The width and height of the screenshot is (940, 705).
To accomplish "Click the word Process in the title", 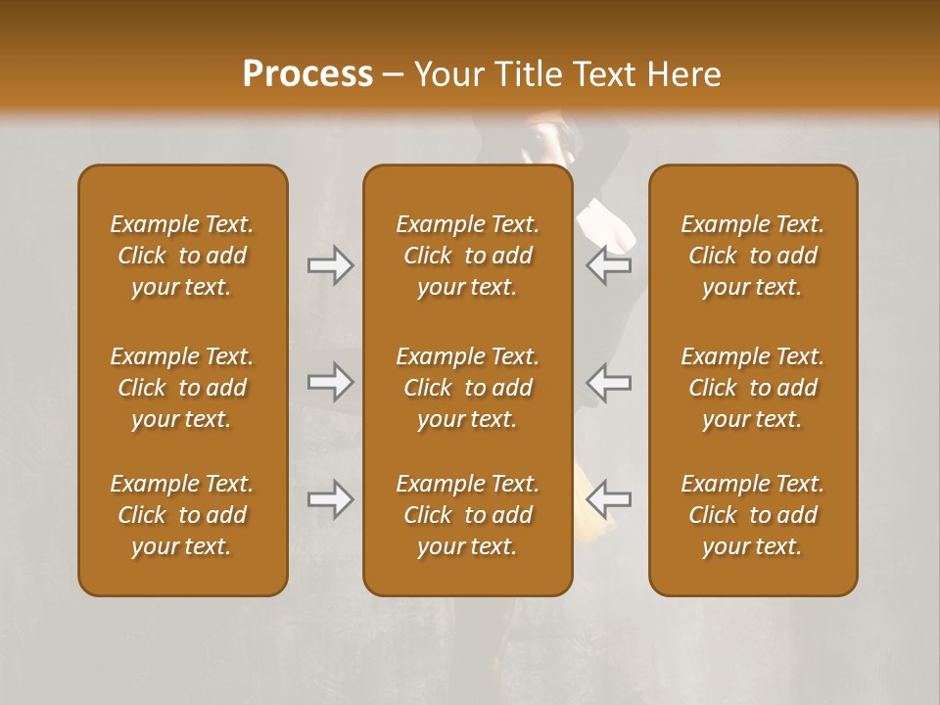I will (x=307, y=74).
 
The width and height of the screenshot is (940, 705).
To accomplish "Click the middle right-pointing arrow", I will (x=331, y=382).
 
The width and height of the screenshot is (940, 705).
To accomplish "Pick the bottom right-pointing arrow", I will (x=331, y=499).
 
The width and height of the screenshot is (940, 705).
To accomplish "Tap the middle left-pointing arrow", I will (x=608, y=382).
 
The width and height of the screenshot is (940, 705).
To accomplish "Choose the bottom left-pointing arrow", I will (x=608, y=499).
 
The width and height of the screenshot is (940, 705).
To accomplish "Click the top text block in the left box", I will (x=182, y=256).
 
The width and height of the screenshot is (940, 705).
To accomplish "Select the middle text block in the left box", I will (x=182, y=388).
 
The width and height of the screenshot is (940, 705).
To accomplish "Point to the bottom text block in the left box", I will (x=182, y=515).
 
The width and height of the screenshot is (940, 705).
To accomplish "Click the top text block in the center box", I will (x=467, y=256).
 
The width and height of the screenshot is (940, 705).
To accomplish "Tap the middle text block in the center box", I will (x=467, y=388).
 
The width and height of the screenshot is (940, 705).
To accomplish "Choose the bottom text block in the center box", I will (x=467, y=515).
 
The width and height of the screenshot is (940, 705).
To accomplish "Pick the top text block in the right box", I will (x=752, y=256).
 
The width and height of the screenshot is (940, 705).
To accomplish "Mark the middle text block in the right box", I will (x=752, y=388).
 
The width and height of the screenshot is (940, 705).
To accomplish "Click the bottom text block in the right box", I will (x=752, y=515).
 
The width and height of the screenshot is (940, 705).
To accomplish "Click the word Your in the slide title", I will (x=446, y=74).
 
